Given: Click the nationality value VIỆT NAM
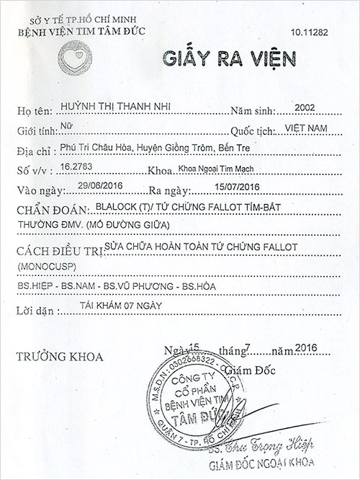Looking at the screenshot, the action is click(x=302, y=128).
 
